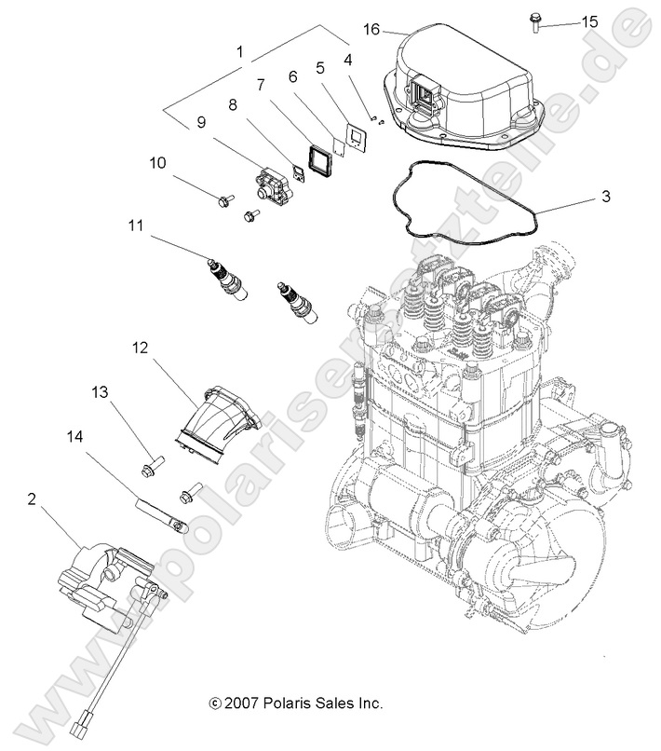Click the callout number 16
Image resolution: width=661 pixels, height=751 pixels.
pyautogui.click(x=371, y=30)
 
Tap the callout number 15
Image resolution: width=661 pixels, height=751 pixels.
pyautogui.click(x=589, y=21)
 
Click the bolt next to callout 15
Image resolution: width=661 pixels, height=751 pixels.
pyautogui.click(x=537, y=21)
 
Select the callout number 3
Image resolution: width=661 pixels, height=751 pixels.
pyautogui.click(x=605, y=197)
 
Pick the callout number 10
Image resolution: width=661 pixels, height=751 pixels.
pyautogui.click(x=158, y=163)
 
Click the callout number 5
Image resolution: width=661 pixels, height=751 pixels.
pyautogui.click(x=320, y=68)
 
